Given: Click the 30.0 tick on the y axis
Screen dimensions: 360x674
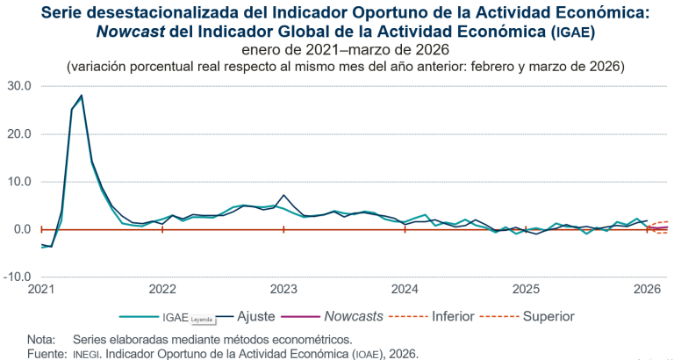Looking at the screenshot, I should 18,86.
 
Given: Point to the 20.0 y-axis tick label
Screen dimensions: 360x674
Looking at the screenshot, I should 18,133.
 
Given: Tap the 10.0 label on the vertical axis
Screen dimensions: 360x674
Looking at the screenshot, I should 18,182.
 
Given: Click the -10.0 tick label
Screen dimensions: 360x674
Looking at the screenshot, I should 17,277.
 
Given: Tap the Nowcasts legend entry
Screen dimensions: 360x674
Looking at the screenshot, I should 354,316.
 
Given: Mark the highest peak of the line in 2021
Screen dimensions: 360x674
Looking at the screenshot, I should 82,96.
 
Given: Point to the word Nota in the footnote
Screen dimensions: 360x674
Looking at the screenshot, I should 41,339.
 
